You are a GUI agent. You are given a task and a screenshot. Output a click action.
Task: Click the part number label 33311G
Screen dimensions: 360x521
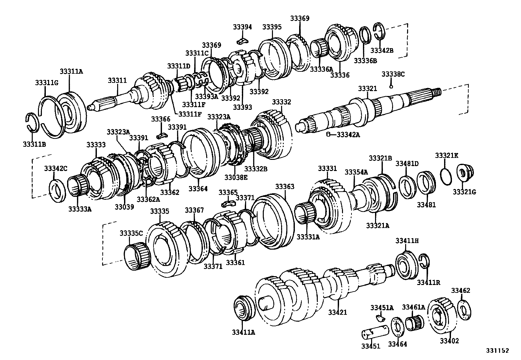pyautogui.click(x=46, y=83)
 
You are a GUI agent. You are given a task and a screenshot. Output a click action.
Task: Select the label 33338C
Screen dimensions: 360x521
pyautogui.click(x=393, y=74)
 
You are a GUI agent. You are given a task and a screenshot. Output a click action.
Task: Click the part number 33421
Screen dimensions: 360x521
pyautogui.click(x=337, y=313)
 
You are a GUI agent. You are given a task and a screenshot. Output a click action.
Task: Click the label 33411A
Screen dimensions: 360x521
pyautogui.click(x=243, y=332)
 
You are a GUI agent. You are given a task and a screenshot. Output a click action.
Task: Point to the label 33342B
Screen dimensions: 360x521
pyautogui.click(x=382, y=50)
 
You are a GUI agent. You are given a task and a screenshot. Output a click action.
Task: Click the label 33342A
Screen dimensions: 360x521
pyautogui.click(x=348, y=134)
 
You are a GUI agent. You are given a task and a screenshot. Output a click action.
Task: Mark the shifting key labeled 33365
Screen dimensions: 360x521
pyautogui.click(x=228, y=204)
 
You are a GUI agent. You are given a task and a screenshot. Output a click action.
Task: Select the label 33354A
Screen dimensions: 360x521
pyautogui.click(x=356, y=172)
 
